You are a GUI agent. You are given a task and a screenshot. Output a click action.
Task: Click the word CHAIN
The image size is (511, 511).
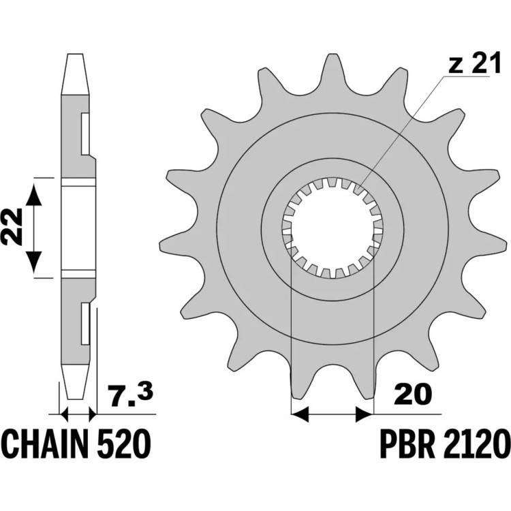[46, 444]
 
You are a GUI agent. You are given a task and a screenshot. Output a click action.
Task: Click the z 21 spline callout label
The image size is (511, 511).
[474, 63]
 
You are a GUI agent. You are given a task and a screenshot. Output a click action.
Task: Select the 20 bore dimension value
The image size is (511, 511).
[413, 394]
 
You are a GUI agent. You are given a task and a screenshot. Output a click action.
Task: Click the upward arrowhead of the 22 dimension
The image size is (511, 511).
[34, 195]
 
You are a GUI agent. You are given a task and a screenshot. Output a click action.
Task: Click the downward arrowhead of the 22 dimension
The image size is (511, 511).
[34, 262]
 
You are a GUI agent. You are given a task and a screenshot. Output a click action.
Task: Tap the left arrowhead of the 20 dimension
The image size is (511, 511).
[299, 414]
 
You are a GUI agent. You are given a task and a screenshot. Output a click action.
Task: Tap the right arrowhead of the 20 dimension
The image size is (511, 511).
[363, 414]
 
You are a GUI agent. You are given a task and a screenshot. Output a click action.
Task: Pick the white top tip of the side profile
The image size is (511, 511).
[75, 74]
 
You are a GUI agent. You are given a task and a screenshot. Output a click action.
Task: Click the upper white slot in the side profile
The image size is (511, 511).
[85, 134]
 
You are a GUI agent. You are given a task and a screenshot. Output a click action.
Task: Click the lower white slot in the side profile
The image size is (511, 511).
[85, 323]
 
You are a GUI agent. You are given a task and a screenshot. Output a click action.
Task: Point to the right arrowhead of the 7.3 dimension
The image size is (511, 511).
[93, 414]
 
